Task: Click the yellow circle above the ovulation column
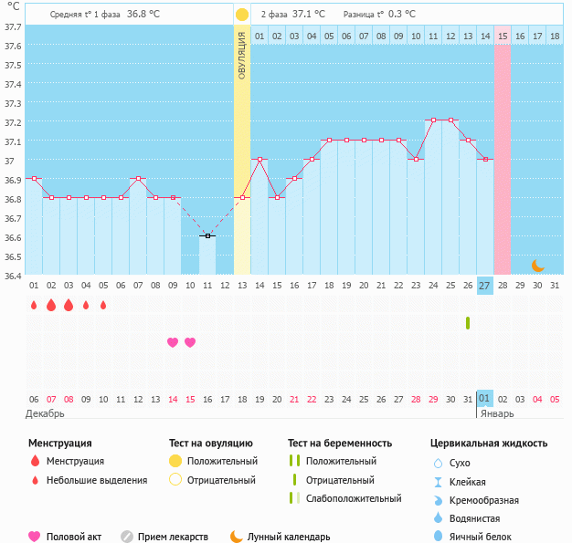pyautogui.click(x=242, y=15)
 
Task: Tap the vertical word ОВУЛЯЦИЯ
pyautogui.click(x=242, y=55)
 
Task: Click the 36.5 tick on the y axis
pyautogui.click(x=13, y=256)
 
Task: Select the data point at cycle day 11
pyautogui.click(x=207, y=236)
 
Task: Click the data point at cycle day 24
pyautogui.click(x=433, y=120)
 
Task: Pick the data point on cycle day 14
pyautogui.click(x=260, y=159)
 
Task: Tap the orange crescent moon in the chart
pyautogui.click(x=538, y=266)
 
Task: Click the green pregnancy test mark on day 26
pyautogui.click(x=468, y=322)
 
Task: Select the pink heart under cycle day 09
pyautogui.click(x=173, y=342)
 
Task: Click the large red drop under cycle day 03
pyautogui.click(x=69, y=305)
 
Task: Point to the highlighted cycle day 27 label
pyautogui.click(x=485, y=286)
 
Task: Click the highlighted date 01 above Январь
pyautogui.click(x=485, y=399)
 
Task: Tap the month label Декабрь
pyautogui.click(x=45, y=413)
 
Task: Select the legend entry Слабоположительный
pyautogui.click(x=354, y=498)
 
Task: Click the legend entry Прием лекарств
pyautogui.click(x=173, y=537)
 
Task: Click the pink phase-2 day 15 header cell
pyautogui.click(x=503, y=36)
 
